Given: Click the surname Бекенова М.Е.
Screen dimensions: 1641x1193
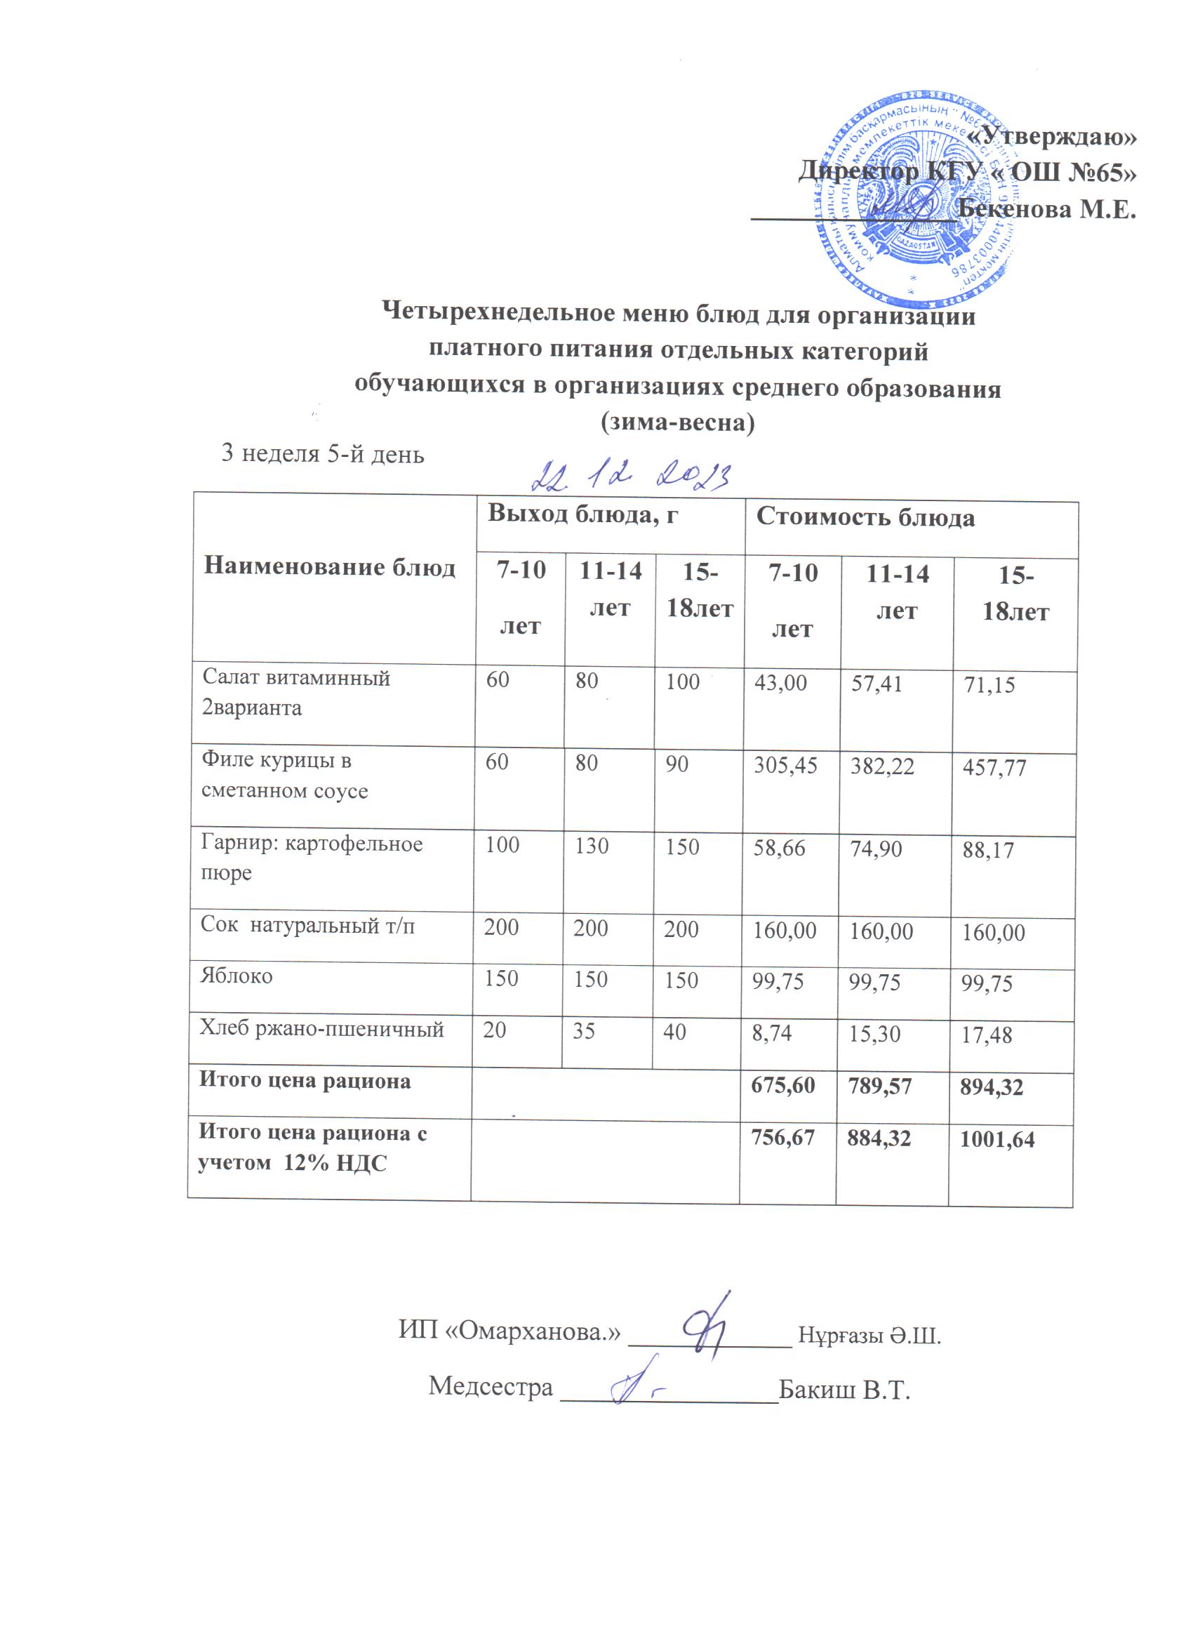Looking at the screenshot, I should tap(1046, 209).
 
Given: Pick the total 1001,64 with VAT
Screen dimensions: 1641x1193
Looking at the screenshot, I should tap(997, 1141).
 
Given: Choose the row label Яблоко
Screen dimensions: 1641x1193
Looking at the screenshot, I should tap(236, 976).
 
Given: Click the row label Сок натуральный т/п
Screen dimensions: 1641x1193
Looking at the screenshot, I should tap(307, 925).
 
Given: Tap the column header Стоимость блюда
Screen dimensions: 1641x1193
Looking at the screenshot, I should tap(865, 518).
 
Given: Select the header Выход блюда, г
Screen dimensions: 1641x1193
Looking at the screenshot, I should tap(582, 514).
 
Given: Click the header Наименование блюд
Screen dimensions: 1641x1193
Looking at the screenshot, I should tap(329, 566).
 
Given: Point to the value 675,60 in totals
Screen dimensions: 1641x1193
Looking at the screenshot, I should tap(782, 1085).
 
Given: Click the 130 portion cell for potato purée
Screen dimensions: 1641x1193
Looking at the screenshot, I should tap(591, 846).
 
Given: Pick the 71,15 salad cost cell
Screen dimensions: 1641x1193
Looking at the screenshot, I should tap(988, 684).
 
